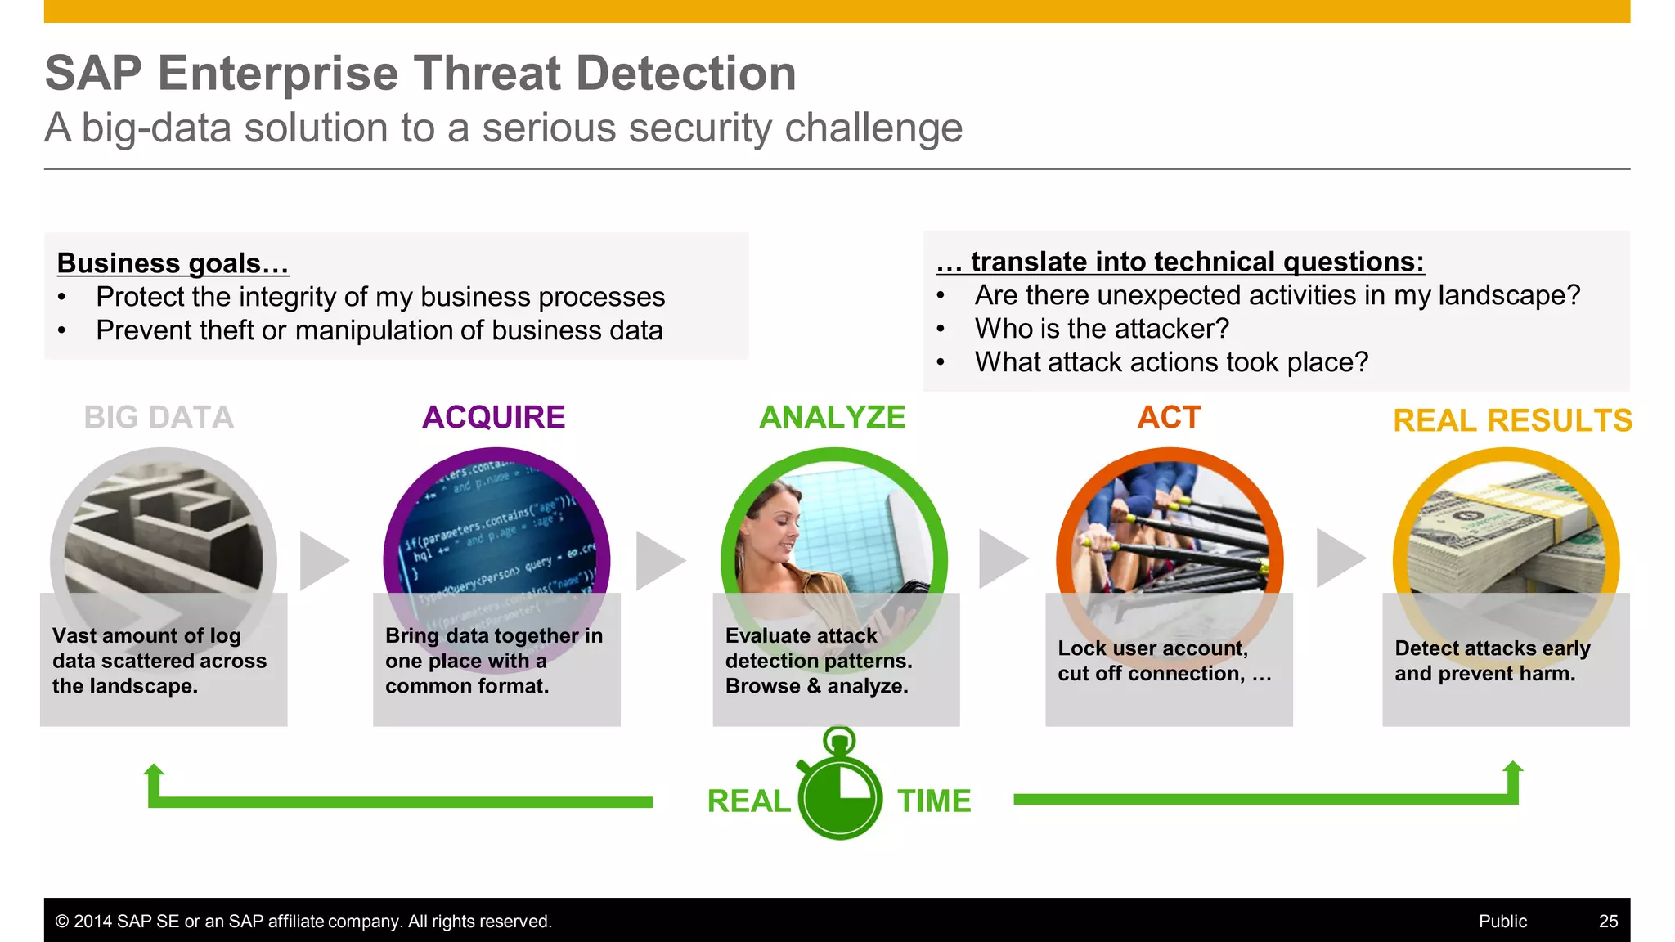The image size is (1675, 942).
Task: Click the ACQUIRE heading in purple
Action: pos(493,417)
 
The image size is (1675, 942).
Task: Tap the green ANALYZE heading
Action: pos(832,417)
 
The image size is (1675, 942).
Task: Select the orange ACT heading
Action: pos(1169,417)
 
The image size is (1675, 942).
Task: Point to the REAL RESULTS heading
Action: pos(1512,420)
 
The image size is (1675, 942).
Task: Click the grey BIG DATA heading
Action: pos(159,417)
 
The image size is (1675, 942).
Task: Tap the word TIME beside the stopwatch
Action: pos(934,801)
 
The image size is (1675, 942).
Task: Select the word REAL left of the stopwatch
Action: pos(748,801)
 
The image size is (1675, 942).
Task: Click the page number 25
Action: pos(1608,921)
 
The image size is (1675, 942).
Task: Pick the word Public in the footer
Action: pos(1502,921)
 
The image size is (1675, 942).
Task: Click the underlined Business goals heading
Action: pos(173,263)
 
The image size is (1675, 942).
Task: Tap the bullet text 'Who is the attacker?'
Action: pos(1102,329)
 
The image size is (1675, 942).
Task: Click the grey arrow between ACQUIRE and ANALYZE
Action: pos(659,561)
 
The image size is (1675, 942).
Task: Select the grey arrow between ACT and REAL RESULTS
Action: pos(1340,558)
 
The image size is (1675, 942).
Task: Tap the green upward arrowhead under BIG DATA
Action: pos(154,771)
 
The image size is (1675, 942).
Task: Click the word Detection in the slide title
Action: pos(685,73)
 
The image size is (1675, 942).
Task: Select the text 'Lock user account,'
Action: pos(1152,648)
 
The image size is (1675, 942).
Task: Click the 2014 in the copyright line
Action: pos(92,921)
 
